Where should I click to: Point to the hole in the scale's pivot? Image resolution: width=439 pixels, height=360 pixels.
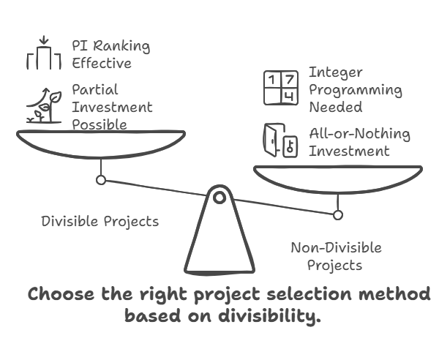tap(219, 196)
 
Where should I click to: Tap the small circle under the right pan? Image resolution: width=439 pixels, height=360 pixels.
tap(337, 215)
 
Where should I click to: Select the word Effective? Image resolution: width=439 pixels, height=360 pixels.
tap(102, 63)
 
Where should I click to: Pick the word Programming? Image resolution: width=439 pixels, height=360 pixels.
tap(355, 91)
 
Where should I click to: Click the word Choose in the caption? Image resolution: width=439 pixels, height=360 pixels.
tap(61, 294)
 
